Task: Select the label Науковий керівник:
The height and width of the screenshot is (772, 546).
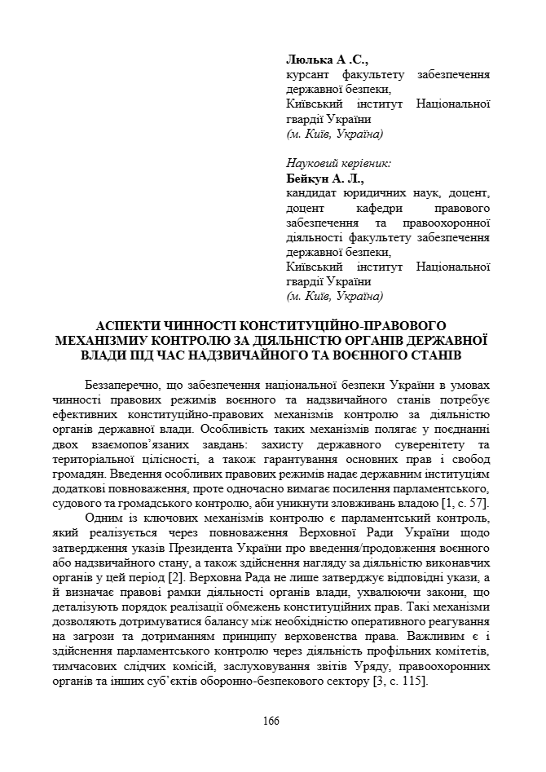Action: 338,163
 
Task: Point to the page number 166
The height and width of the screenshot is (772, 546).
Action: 271,720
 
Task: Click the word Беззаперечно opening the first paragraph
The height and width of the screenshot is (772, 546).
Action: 122,385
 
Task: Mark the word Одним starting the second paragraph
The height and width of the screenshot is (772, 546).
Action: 103,517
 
